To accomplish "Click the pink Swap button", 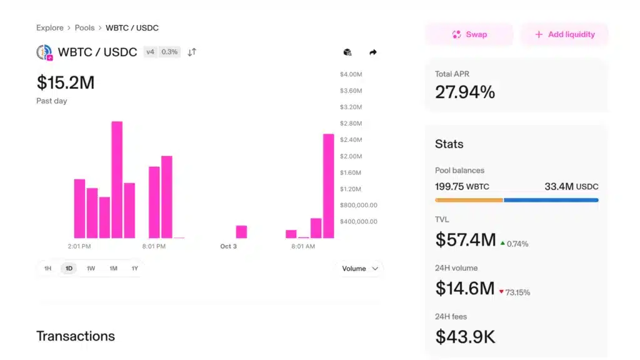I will (x=469, y=34).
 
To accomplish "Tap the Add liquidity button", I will (x=564, y=34).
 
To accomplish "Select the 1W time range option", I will (x=91, y=269).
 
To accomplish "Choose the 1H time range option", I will (x=47, y=269).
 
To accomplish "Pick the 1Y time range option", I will (x=134, y=269).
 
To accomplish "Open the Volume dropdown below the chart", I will (x=360, y=269).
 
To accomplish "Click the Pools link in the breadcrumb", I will (x=84, y=28).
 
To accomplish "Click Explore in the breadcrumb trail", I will (x=50, y=28).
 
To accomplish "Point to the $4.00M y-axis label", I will (x=351, y=75).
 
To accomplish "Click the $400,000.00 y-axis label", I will (x=358, y=221).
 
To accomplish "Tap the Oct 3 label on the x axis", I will (x=229, y=246).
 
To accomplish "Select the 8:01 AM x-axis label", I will (x=303, y=246).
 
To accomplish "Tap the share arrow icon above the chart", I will (x=373, y=52).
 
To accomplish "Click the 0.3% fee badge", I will (x=169, y=52).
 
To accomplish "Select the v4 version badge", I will (x=150, y=52).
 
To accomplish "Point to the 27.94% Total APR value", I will (x=465, y=92).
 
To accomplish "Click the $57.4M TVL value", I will (x=466, y=239).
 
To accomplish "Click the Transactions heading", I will (x=76, y=336).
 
